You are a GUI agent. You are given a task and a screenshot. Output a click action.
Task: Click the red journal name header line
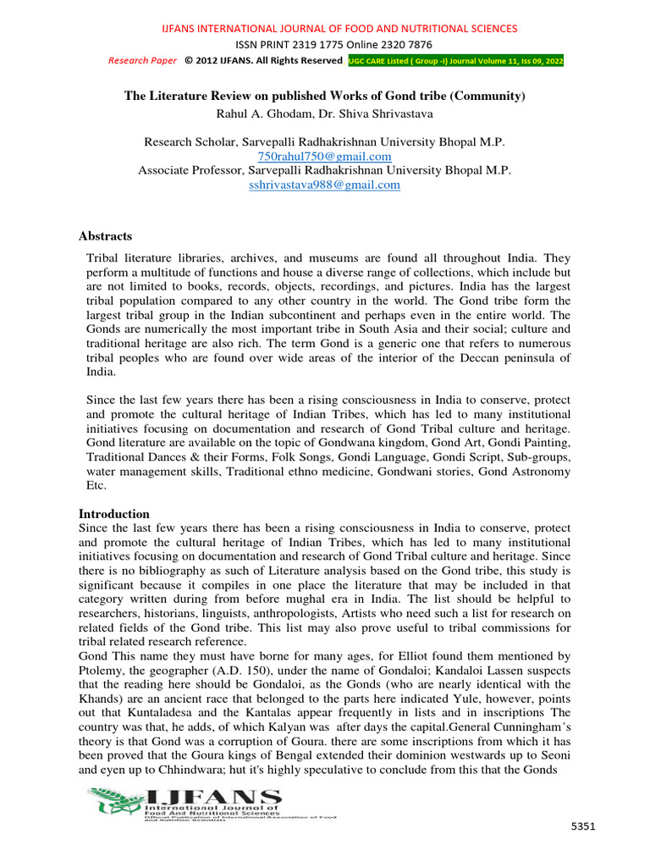339,29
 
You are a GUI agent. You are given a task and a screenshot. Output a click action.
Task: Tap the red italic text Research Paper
142,61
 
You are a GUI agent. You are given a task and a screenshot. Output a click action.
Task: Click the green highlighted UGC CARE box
455,61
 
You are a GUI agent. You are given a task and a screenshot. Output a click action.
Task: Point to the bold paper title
325,97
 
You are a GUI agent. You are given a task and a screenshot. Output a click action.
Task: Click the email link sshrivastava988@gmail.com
324,185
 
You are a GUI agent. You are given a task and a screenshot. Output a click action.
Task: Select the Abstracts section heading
105,235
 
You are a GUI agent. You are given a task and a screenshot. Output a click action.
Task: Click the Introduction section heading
113,514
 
